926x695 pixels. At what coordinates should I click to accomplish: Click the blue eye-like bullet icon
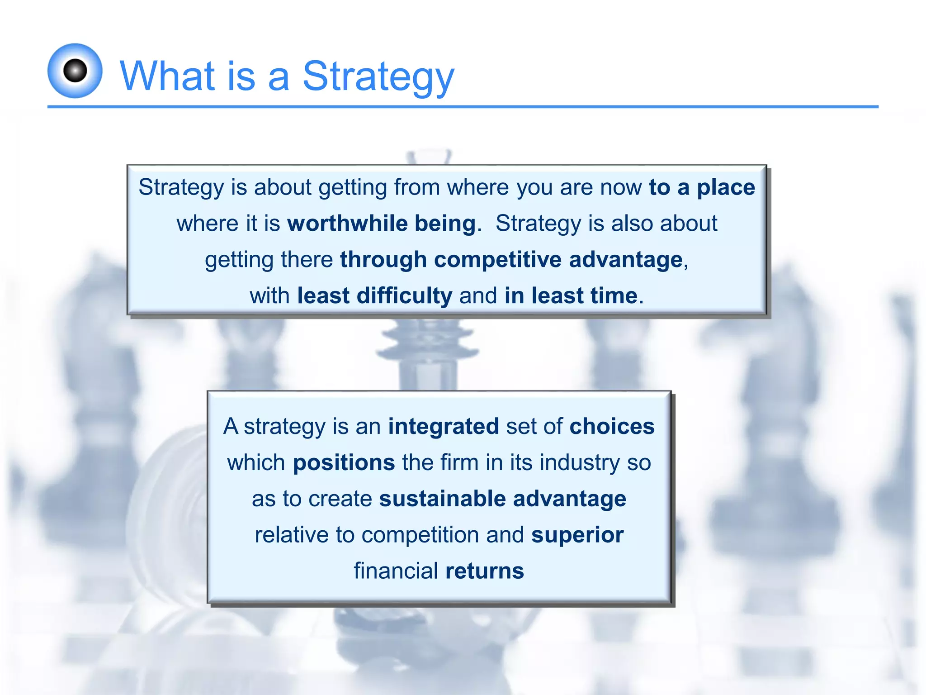tap(75, 71)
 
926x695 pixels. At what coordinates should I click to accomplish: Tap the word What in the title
tap(167, 76)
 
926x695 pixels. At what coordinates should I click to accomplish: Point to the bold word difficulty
tap(404, 296)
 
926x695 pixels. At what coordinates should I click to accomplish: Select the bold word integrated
tap(443, 427)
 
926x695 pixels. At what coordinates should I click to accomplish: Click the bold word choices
tap(612, 427)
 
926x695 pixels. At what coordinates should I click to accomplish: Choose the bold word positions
tap(344, 463)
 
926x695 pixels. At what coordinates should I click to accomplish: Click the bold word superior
tap(577, 535)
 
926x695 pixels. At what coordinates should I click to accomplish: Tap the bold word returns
tap(484, 571)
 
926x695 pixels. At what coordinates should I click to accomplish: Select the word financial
tap(396, 571)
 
